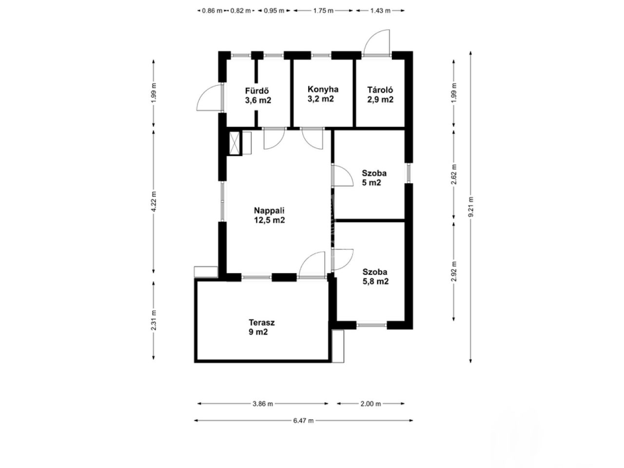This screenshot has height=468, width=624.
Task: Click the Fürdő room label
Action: (258, 96)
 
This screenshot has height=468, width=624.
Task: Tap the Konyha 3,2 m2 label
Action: (323, 94)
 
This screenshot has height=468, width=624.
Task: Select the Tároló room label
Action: (380, 95)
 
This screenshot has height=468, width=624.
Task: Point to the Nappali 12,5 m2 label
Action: (269, 215)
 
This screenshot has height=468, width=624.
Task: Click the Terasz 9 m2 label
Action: (261, 327)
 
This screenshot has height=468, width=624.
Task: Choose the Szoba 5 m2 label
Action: (374, 177)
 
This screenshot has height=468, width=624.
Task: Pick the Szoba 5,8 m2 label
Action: (375, 276)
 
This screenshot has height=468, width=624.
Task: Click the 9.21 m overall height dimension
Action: (470, 207)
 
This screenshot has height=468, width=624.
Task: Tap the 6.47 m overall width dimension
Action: (303, 421)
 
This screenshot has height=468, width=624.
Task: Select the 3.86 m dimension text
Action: (263, 404)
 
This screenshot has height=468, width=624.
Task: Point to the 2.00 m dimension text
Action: (370, 404)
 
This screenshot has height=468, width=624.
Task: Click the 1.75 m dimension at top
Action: (323, 11)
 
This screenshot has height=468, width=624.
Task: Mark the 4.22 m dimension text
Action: (154, 201)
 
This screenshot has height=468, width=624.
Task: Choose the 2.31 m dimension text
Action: (154, 320)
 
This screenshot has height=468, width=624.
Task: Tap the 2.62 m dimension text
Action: (454, 174)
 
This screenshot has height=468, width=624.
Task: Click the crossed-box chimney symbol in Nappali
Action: (235, 143)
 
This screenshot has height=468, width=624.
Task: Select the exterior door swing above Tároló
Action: (376, 42)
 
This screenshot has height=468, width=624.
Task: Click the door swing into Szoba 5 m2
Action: (343, 175)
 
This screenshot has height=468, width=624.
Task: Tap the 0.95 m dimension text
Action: (274, 11)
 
